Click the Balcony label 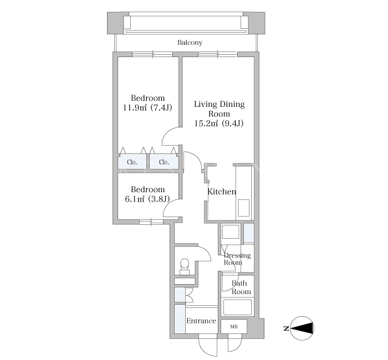pos(190,43)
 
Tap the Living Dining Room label pos(219,109)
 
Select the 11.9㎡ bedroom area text pos(148,107)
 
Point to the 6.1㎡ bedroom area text pos(147,199)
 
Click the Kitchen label pos(222,192)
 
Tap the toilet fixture pos(185,266)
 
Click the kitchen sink pos(244,208)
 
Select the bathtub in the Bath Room pos(238,307)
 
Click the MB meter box pos(234,326)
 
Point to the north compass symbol pos(302,328)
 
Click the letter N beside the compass pos(287,328)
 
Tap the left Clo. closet pos(132,162)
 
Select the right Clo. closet pos(164,162)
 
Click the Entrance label pos(201,321)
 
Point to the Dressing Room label pos(237,259)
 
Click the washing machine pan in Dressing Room pos(231,232)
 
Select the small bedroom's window pos(151,222)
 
